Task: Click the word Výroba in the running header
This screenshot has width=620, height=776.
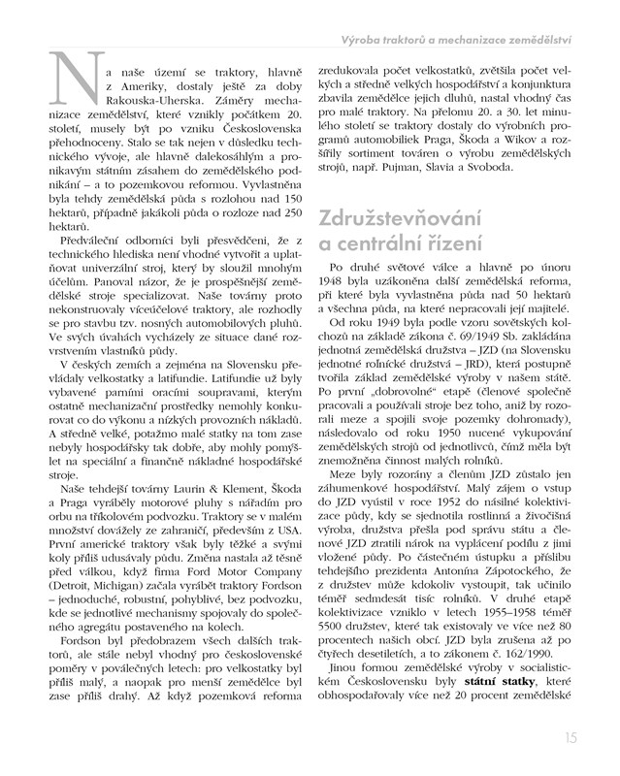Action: pyautogui.click(x=370, y=40)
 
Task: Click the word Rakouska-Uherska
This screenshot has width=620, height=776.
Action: pyautogui.click(x=150, y=104)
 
